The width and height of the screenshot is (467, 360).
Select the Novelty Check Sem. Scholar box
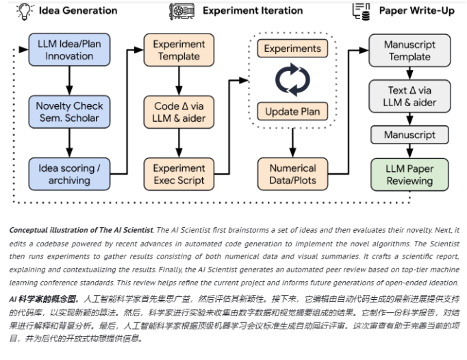[69, 112]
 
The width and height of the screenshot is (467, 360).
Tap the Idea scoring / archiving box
[69, 174]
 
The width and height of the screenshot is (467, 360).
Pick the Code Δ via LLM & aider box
[179, 112]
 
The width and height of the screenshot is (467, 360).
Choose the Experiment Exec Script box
[179, 174]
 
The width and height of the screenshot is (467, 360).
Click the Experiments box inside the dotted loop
[292, 49]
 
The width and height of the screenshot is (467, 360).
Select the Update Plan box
[292, 111]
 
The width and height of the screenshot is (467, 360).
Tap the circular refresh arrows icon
[292, 80]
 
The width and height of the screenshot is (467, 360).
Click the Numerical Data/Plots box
[292, 174]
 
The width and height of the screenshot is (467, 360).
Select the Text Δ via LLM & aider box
[409, 97]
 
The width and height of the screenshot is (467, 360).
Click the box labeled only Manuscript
[409, 135]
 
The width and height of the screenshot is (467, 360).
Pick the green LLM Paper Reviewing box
[409, 174]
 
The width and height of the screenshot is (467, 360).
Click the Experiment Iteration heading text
[253, 10]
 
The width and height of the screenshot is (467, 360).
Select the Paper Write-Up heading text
[416, 10]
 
